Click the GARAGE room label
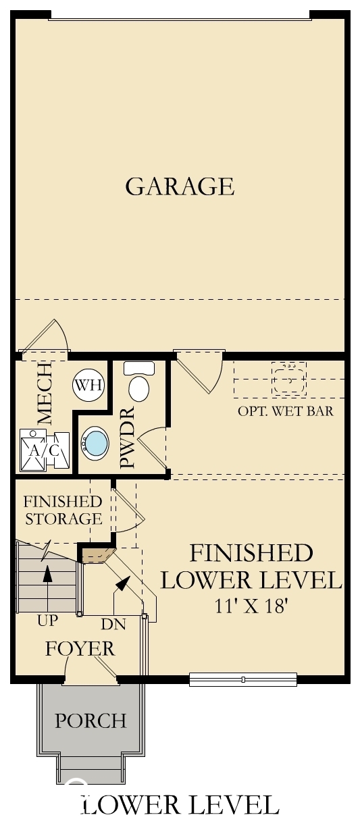[180, 186]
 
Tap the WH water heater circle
[89, 386]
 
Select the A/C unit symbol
[45, 448]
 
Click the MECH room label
[45, 393]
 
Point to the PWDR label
[128, 437]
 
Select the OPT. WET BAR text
[285, 411]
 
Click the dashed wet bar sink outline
[289, 379]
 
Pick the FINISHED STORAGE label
[63, 510]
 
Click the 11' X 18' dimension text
[252, 605]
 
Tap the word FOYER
[80, 649]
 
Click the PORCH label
[91, 721]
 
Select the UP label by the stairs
[47, 619]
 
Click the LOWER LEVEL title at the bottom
[180, 805]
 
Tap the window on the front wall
[243, 679]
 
